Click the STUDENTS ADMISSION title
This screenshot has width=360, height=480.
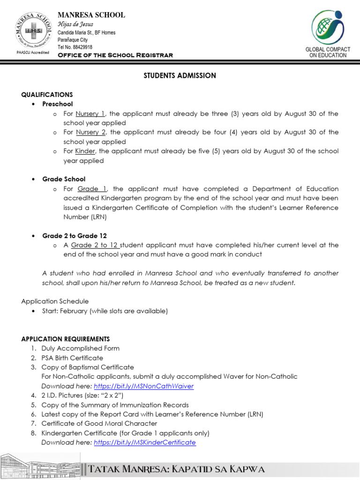pyautogui.click(x=180, y=75)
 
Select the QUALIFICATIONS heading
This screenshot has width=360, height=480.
pyautogui.click(x=47, y=95)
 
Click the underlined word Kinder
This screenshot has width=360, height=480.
pyautogui.click(x=85, y=151)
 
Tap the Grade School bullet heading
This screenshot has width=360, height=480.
pyautogui.click(x=64, y=179)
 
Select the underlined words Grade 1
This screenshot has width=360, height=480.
pyautogui.click(x=92, y=189)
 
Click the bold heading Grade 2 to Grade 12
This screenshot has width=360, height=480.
pyautogui.click(x=75, y=236)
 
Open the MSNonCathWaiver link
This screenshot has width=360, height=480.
pyautogui.click(x=143, y=386)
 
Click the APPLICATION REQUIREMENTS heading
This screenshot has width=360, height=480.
pyautogui.click(x=66, y=339)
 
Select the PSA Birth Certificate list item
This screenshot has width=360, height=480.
pyautogui.click(x=72, y=358)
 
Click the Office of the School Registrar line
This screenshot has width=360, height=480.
pyautogui.click(x=115, y=55)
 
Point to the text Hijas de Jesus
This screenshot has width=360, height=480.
pyautogui.click(x=75, y=24)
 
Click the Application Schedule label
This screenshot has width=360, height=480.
pyautogui.click(x=55, y=301)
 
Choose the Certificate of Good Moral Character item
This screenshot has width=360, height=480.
pyautogui.click(x=99, y=424)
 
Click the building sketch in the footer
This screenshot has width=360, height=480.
pyautogui.click(x=40, y=467)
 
